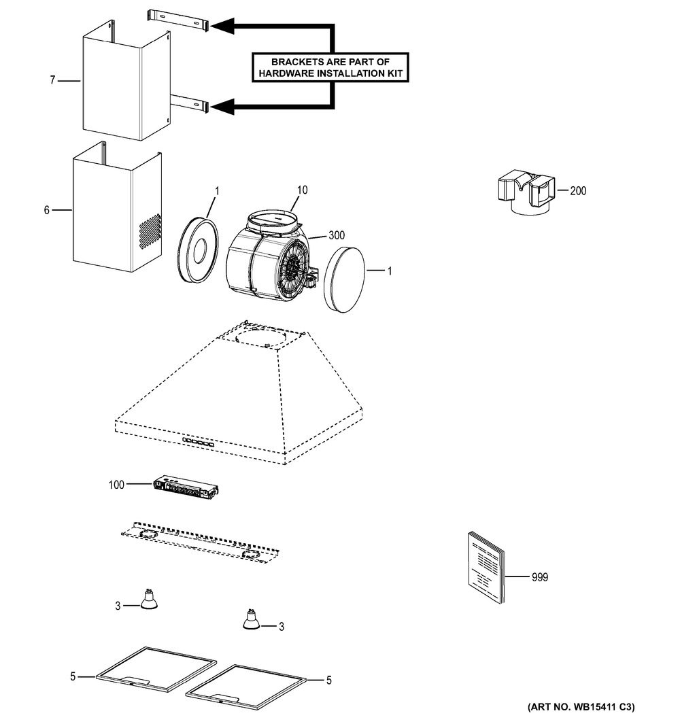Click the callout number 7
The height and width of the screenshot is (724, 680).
point(52,80)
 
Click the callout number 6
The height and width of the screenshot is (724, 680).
point(47,210)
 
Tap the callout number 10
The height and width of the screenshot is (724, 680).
point(302,190)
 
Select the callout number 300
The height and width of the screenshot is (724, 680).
point(337,235)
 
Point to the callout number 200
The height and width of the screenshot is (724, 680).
point(578,191)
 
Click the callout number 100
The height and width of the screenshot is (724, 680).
point(116,485)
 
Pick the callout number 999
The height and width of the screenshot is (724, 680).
point(539,577)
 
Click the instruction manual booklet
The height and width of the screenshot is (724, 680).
point(486,568)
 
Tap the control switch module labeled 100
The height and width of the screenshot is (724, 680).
point(186,488)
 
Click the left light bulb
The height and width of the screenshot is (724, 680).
point(149,600)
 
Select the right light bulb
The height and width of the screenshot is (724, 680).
point(252,619)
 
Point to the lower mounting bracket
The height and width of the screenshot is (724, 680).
point(190,103)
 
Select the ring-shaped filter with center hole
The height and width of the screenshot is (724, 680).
point(198,249)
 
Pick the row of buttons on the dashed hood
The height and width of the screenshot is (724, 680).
point(198,443)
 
